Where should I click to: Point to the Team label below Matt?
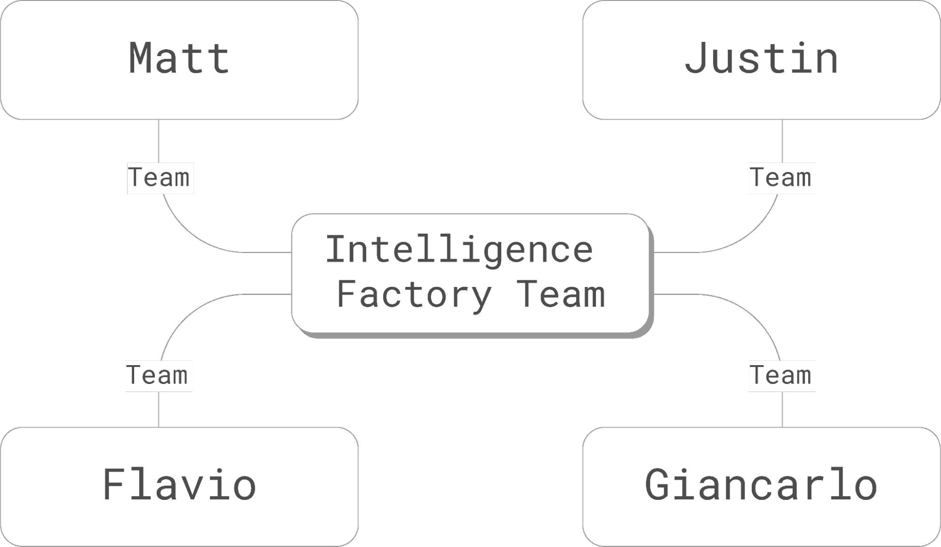point(160,178)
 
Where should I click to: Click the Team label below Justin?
point(782,178)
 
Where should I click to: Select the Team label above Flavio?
point(158,376)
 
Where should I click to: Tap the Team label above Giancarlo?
point(782,376)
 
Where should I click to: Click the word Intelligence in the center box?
point(459,250)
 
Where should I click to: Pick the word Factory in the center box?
point(414,294)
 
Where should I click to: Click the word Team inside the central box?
point(561,294)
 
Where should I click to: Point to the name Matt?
point(179,58)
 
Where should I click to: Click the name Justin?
point(761,58)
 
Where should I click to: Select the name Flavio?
point(179,485)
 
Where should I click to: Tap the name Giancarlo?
point(761,485)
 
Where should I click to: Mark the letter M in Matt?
point(142,58)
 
